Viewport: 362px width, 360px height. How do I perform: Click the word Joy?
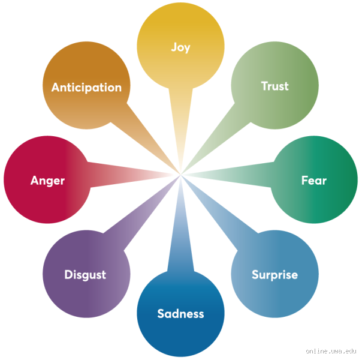(x=180, y=47)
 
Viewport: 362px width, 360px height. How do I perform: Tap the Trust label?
(x=274, y=86)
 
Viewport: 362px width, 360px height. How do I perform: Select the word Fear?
(x=313, y=180)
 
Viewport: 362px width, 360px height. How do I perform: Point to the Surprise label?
(x=274, y=275)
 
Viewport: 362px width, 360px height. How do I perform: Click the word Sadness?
(x=180, y=313)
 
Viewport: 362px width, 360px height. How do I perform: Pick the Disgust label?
(x=85, y=275)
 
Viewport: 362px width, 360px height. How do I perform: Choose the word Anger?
(x=47, y=180)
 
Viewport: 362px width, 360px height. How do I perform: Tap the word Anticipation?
(x=86, y=87)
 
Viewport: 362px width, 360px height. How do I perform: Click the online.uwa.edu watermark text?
(x=331, y=351)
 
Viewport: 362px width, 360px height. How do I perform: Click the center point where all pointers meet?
(x=180, y=175)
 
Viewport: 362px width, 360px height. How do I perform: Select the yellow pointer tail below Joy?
(x=180, y=120)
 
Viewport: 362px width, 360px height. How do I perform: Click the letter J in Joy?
(x=173, y=47)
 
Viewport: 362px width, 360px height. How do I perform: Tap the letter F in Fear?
(x=304, y=180)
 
